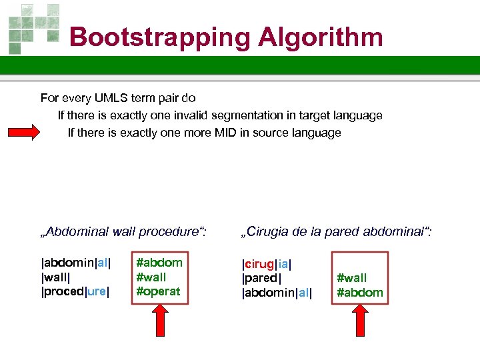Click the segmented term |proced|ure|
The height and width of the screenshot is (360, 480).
pos(75,291)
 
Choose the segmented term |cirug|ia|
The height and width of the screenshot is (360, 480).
pos(267,263)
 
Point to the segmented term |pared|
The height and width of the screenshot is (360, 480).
pos(261,277)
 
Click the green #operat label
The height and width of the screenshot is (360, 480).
pos(158,291)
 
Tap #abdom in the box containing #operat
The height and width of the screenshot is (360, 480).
pos(159,262)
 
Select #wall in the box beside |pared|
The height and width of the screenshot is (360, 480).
pos(351,278)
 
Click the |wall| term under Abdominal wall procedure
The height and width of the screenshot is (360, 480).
pos(57,277)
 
